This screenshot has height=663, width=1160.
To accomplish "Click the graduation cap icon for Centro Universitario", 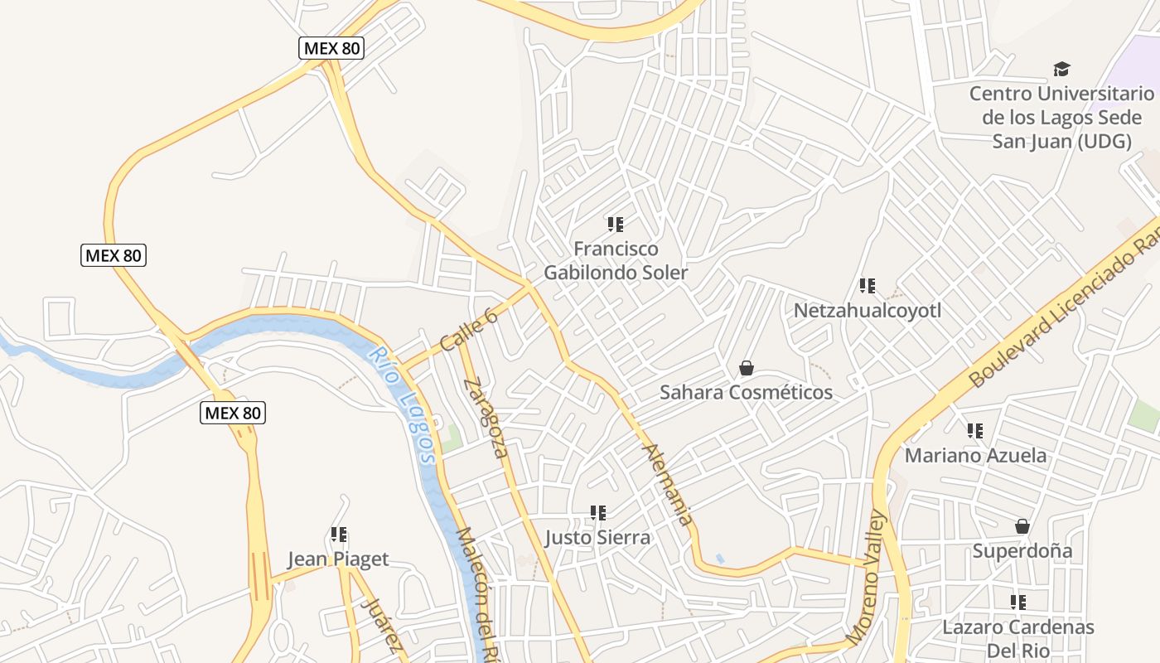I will pos(1061,69).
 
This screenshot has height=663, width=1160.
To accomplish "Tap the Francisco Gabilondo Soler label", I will pos(616,260).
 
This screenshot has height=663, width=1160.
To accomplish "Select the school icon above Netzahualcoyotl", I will pos(868,286).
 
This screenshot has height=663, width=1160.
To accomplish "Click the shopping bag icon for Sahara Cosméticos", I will pos(747,368).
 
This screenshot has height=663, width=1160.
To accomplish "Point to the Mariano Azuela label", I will pos(975,455).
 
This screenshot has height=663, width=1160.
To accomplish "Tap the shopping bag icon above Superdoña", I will pos(1022,526).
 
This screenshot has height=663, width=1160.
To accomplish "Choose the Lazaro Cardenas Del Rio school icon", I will pos(1018,603).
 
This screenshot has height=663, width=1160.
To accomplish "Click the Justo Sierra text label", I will pos(597,537).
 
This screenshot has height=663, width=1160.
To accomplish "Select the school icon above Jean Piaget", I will pos(339,535).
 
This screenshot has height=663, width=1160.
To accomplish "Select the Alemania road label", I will pos(668,485).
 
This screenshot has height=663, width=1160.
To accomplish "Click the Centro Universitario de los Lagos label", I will pos(1061,117).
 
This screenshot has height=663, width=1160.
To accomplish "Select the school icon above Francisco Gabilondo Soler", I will pos(616,224).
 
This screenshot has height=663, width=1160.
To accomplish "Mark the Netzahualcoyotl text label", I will pos(868,310).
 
